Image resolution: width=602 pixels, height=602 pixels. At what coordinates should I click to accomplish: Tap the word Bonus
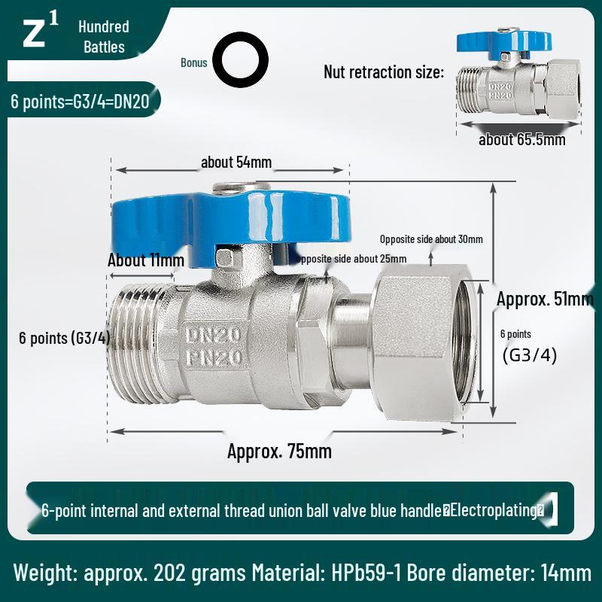point(193,62)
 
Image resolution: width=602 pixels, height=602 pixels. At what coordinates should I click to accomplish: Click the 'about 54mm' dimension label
point(236,162)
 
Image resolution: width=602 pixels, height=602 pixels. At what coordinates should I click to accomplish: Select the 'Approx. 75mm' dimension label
point(279,451)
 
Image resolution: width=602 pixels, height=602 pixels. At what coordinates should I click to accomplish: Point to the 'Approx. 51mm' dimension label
point(545,299)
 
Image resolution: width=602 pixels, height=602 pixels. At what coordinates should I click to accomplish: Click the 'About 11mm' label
point(146,260)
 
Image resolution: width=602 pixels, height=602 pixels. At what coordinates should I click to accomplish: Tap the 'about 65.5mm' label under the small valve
point(522,139)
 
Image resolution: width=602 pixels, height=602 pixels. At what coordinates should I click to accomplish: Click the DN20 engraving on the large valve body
point(212,333)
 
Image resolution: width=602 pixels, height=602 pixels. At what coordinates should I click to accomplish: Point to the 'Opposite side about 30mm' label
point(431,239)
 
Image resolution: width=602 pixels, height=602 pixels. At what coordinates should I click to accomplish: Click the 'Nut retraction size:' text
point(384,72)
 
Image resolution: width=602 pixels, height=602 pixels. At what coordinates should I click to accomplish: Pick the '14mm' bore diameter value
point(566,573)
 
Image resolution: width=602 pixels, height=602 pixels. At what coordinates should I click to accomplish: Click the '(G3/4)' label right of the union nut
point(530,355)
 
